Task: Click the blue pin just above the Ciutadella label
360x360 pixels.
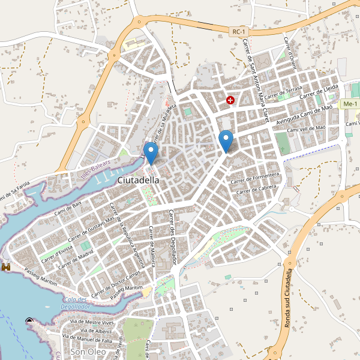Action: point(151,152)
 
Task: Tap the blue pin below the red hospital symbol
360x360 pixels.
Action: point(226,141)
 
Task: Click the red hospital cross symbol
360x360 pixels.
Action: point(230,100)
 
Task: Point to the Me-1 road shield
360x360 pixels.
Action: point(349,104)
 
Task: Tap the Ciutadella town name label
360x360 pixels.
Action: point(139,179)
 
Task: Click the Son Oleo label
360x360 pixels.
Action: point(88,352)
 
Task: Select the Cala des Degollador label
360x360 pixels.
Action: point(76,302)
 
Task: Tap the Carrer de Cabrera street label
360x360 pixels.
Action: point(259,189)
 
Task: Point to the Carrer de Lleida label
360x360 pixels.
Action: point(320,91)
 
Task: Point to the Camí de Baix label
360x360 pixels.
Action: point(68,208)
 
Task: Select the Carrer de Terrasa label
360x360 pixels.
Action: point(283,92)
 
